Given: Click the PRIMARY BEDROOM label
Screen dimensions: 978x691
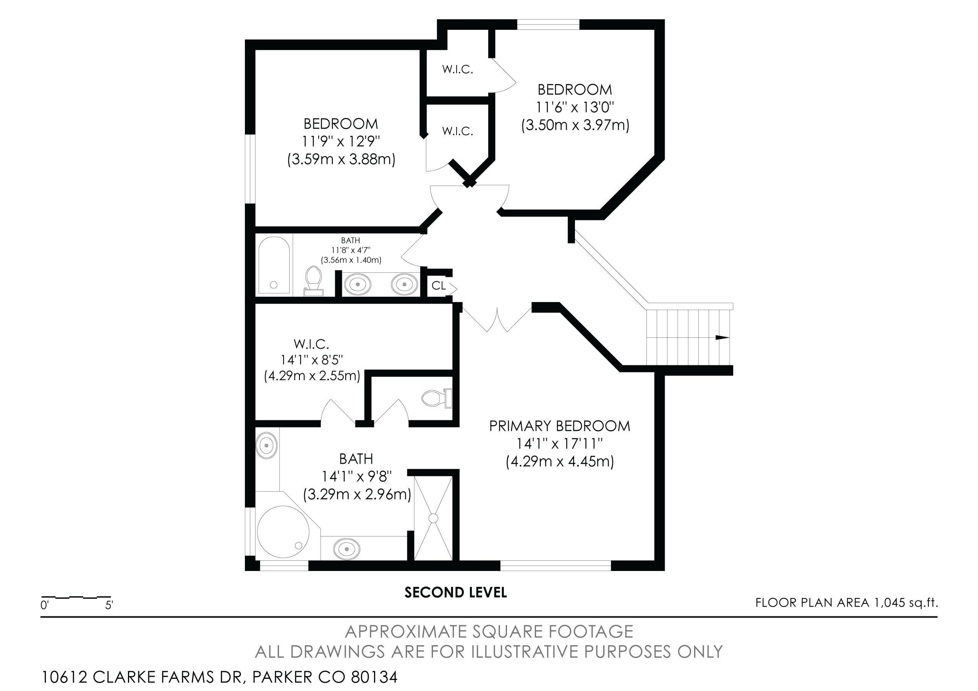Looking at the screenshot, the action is tap(559, 426).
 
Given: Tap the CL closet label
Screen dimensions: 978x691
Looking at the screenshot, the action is tap(438, 285).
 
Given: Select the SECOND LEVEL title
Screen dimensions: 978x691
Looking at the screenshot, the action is tap(455, 592).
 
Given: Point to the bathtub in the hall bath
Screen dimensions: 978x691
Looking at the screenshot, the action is tap(274, 265).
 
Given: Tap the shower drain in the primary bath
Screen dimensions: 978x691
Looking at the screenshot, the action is tap(433, 518).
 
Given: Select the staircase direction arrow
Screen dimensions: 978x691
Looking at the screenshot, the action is tap(722, 337).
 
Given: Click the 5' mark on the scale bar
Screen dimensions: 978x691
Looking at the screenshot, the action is tap(109, 605).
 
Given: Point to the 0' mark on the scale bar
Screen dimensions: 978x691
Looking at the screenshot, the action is tap(45, 605).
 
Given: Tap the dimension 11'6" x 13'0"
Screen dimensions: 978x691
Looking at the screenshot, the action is tap(575, 107).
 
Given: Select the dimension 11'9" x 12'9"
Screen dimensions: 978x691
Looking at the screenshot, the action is tap(341, 141).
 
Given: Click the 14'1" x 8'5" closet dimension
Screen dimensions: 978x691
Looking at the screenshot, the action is tap(311, 360).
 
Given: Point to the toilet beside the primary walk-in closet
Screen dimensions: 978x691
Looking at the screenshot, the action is tap(437, 398).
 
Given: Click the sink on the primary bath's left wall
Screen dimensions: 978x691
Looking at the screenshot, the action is tap(267, 445).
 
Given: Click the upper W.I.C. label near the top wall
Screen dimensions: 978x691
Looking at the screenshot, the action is tap(457, 70).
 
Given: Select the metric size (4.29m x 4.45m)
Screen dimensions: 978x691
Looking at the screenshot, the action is tap(560, 461).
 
